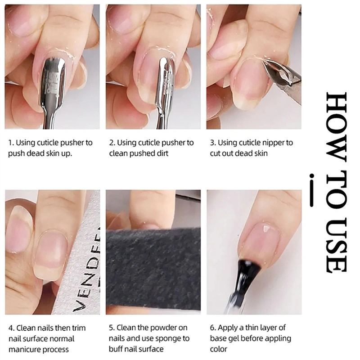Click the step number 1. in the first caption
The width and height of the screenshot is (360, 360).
tap(11, 143)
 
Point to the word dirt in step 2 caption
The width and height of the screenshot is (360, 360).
tap(162, 153)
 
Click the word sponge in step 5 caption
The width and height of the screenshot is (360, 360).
tap(168, 339)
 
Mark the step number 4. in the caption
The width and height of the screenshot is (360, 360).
tap(12, 328)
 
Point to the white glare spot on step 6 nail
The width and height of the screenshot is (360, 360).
tap(266, 229)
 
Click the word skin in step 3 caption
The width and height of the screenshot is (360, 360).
tap(261, 153)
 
